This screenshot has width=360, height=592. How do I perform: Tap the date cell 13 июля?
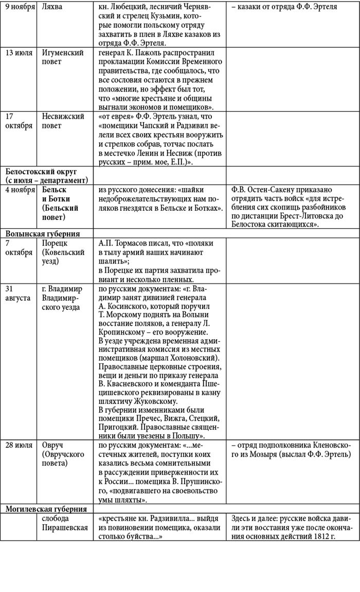pyautogui.click(x=18, y=53)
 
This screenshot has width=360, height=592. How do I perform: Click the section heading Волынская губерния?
pyautogui.click(x=44, y=233)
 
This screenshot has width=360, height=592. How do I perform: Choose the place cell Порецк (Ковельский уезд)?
pyautogui.click(x=62, y=251)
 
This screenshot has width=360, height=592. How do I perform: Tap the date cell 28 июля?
pyautogui.click(x=19, y=445)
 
